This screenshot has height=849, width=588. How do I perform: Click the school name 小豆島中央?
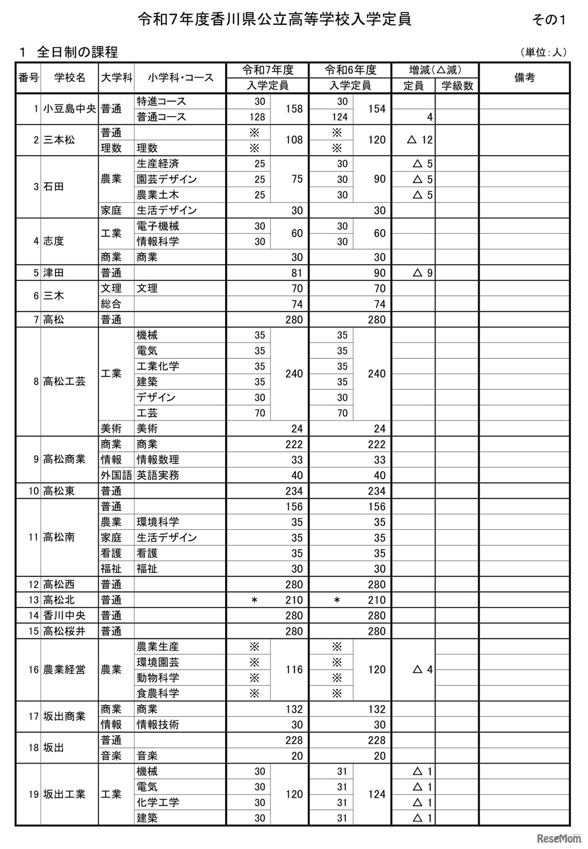pos(69,109)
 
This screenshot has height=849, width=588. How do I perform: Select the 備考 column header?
pos(524,78)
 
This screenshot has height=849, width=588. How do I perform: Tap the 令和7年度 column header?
pos(268,70)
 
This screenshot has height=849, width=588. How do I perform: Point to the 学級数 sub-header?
pos(457,85)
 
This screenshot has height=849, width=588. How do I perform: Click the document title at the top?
pos(274,19)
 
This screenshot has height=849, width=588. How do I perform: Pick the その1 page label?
pos(548,20)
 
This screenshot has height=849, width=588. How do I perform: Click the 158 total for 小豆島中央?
pos(294,109)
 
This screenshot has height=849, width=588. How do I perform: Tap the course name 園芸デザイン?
pos(167,179)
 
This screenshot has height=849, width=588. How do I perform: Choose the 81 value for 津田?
pos(297,273)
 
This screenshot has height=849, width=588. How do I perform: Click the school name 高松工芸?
pos(64,381)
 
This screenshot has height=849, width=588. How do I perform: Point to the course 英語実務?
pos(158,475)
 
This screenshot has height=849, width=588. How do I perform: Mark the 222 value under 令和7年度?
pos(294,444)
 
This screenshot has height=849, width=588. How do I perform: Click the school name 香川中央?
pos(64,615)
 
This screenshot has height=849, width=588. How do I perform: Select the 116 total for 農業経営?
pos(294,669)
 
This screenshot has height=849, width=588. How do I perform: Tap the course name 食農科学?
pos(158,693)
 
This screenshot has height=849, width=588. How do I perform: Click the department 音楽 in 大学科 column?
pos(111,755)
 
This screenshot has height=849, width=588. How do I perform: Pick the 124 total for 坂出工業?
pos(377,794)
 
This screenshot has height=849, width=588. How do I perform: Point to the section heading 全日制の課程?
pos(77,52)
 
